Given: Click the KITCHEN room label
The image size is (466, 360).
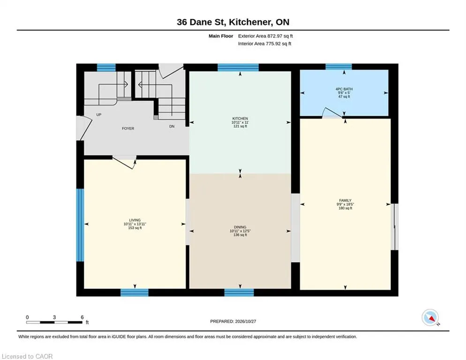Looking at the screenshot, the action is pyautogui.click(x=240, y=118).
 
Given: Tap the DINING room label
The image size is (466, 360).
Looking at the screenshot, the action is pyautogui.click(x=240, y=227).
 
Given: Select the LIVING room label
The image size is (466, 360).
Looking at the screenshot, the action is pyautogui.click(x=135, y=220).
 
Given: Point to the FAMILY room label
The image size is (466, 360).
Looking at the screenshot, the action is pyautogui.click(x=345, y=201).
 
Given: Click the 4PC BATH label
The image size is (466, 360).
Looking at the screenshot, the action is pyautogui.click(x=344, y=89).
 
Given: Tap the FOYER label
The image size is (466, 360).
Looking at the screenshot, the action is pyautogui.click(x=128, y=128).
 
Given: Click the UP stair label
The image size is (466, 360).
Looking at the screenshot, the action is pyautogui.click(x=99, y=115).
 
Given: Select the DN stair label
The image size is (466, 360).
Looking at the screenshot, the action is pyautogui.click(x=172, y=127).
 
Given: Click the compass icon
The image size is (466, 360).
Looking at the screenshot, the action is pyautogui.click(x=430, y=318).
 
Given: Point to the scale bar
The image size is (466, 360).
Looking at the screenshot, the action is pyautogui.click(x=54, y=322).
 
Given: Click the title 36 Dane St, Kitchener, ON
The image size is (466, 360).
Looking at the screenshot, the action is pyautogui.click(x=233, y=22).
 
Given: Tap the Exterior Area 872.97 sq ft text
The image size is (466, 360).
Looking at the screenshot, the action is pyautogui.click(x=265, y=36).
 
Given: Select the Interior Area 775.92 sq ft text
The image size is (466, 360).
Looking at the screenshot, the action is pyautogui.click(x=264, y=44).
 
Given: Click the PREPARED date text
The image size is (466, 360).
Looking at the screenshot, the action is pyautogui.click(x=233, y=322).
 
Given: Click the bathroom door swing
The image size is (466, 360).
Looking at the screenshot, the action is pyautogui.click(x=332, y=112).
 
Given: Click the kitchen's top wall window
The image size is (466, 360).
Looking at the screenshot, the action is pyautogui.click(x=238, y=67).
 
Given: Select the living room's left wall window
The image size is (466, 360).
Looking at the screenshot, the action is pyautogui.click(x=80, y=225).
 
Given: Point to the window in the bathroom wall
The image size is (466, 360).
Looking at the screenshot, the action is pyautogui.click(x=338, y=67).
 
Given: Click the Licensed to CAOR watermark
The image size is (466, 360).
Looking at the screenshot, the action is pyautogui.click(x=27, y=356).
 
